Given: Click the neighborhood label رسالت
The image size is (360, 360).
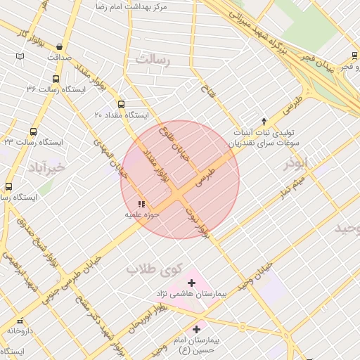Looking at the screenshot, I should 153,60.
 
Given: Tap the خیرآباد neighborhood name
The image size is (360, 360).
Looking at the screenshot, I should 46,167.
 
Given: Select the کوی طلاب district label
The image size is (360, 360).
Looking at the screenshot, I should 154,268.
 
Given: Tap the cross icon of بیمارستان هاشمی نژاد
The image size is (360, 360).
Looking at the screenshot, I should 191,282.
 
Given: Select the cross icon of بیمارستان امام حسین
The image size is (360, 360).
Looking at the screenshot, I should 196,328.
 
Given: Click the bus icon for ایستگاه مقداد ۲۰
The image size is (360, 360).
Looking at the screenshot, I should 121,104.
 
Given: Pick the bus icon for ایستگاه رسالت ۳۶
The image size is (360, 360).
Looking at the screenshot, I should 56,79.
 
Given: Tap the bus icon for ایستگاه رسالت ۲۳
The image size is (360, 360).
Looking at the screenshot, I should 33,131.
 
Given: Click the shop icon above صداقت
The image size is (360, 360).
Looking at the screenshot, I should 59,47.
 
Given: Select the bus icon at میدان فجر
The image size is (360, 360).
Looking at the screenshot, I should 353,56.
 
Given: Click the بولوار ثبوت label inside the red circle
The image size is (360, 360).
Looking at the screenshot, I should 198,220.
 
